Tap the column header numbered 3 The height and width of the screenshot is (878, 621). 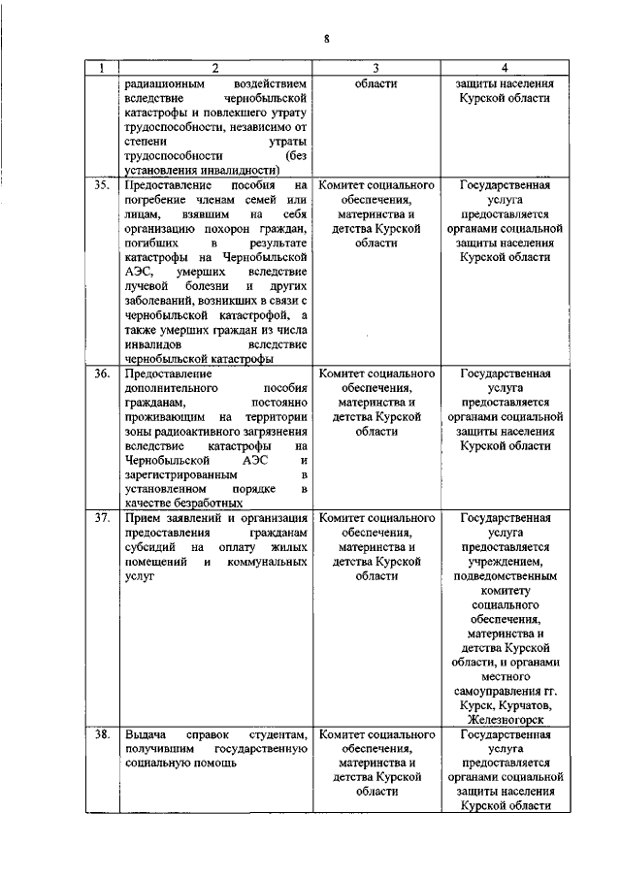click(375, 68)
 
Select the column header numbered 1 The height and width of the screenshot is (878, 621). click(101, 68)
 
